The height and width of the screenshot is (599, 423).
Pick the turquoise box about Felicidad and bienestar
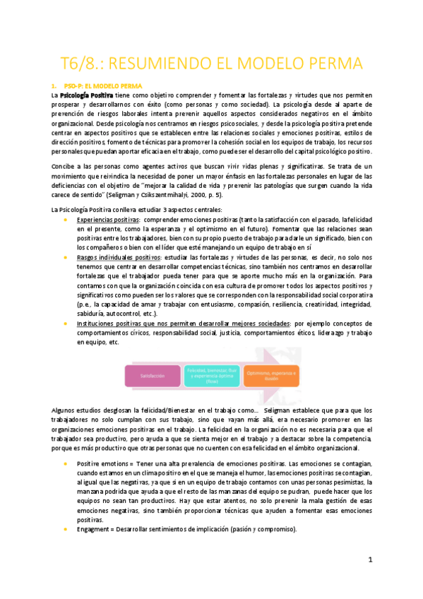coord(212,375)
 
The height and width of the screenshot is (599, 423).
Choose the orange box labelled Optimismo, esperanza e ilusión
coord(272,375)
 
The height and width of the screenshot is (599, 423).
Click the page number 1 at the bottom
coord(369,560)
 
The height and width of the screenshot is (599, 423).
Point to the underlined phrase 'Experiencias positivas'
coord(107,220)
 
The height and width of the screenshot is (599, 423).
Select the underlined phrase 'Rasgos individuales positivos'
coord(118,259)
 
